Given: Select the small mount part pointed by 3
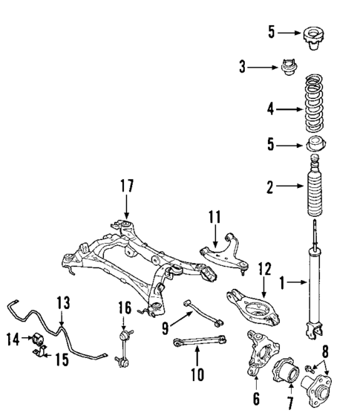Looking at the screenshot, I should coord(289,68).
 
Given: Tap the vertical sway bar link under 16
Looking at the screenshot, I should coord(123,345).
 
